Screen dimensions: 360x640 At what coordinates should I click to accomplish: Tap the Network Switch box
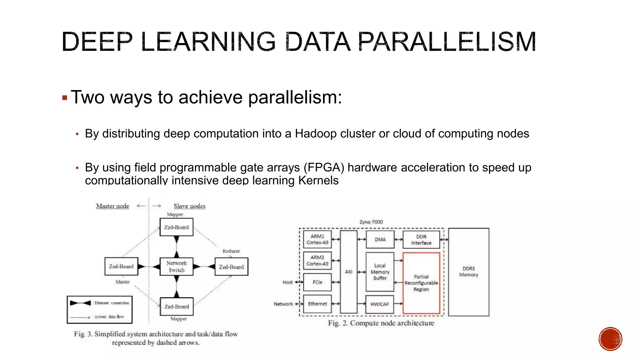coord(177,267)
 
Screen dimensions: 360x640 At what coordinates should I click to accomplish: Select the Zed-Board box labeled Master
coord(121,267)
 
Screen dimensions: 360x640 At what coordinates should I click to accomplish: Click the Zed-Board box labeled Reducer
coord(231,267)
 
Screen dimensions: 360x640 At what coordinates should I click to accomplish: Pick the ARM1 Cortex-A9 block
coord(317,239)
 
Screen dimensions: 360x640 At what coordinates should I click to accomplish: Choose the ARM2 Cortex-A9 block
coord(317,261)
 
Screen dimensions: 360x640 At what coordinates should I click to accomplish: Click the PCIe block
coord(317,282)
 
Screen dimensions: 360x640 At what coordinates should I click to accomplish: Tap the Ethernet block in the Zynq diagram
coord(317,304)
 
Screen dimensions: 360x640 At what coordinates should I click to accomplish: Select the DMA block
coord(380,239)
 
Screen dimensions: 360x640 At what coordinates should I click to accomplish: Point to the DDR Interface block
coord(421,240)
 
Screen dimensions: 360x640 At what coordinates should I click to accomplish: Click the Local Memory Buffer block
coord(380,272)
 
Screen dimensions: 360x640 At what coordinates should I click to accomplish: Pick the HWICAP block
coord(380,304)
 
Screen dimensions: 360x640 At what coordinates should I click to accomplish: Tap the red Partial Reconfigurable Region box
coord(421,283)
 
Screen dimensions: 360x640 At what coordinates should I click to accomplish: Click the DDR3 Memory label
coord(468,272)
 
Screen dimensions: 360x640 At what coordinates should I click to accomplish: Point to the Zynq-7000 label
coord(371,222)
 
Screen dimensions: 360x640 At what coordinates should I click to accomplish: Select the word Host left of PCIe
coord(287,282)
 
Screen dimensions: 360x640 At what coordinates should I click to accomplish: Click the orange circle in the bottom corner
coord(610,339)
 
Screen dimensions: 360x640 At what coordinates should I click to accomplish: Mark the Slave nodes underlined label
coord(189,206)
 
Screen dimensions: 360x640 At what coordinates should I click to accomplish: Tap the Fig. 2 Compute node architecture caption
coord(381,323)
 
